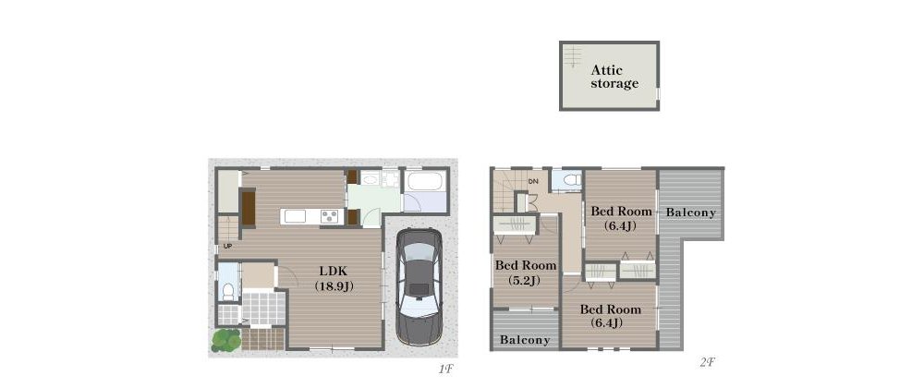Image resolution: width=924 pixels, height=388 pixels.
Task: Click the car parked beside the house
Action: [x=419, y=286]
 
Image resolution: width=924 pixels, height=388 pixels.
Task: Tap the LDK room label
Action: [x=334, y=272]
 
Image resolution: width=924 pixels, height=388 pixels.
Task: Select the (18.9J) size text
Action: [x=334, y=286]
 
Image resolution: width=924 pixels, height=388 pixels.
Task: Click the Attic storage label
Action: [x=614, y=77]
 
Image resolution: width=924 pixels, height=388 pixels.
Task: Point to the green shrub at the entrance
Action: [x=227, y=340]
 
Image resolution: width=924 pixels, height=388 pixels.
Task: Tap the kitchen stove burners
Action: [x=330, y=216]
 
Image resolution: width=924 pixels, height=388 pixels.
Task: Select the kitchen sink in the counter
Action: [x=295, y=216]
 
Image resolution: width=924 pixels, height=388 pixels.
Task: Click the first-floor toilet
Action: [x=227, y=291]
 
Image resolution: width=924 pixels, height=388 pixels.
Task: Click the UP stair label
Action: [x=227, y=246]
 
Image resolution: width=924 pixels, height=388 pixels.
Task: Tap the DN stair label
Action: [x=533, y=181]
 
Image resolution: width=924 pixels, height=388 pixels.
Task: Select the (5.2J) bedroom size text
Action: [x=524, y=281]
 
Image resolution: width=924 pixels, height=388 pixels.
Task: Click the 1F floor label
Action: [x=445, y=370]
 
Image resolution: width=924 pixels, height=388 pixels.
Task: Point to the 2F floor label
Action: [x=707, y=363]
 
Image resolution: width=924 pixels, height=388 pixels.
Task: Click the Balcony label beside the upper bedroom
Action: [x=690, y=212]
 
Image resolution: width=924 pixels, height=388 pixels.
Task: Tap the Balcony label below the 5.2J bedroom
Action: [x=525, y=340]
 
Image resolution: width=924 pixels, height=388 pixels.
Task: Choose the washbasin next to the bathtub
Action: [x=371, y=179]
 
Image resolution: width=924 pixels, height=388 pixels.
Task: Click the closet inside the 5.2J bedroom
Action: [x=515, y=225]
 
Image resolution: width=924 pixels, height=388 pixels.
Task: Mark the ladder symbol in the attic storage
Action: [x=572, y=56]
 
